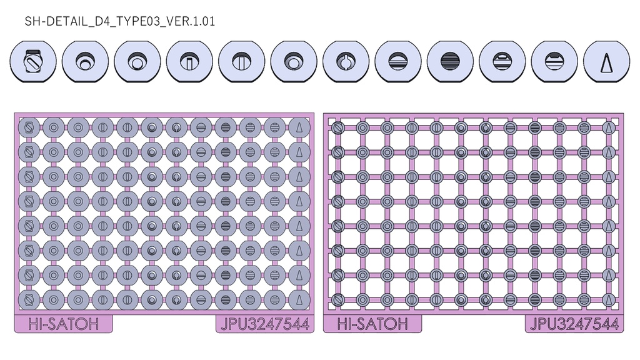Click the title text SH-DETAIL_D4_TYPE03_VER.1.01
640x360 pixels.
(x=120, y=21)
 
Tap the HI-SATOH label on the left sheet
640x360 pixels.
(x=63, y=324)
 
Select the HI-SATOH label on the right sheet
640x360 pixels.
(x=372, y=324)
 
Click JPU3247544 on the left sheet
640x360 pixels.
(x=265, y=324)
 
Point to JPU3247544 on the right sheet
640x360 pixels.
(x=574, y=324)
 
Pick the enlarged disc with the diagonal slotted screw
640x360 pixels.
(x=33, y=62)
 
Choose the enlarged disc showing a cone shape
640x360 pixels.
(x=606, y=62)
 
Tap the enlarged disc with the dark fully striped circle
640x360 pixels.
(x=450, y=62)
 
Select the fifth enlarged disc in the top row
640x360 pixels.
(x=242, y=62)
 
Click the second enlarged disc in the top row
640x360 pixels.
(x=85, y=62)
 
